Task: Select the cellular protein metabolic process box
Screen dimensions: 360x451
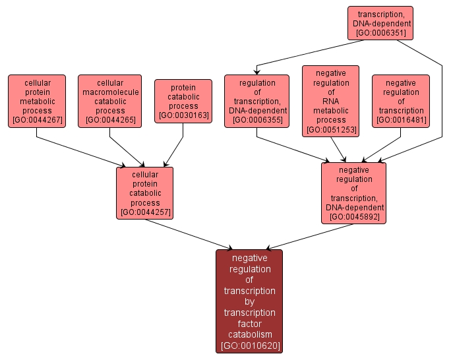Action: tap(37, 100)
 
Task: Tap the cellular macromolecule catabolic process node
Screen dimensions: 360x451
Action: tap(109, 100)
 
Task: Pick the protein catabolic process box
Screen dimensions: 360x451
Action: tap(183, 101)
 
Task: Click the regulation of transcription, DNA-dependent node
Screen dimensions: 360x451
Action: tap(256, 100)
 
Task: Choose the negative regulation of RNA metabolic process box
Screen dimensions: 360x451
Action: tap(331, 100)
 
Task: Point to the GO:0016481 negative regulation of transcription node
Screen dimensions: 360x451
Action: tap(400, 100)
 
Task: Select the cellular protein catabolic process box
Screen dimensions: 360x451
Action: tap(145, 192)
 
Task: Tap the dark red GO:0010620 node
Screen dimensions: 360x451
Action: tap(249, 301)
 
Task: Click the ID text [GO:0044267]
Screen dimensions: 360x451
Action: tap(37, 121)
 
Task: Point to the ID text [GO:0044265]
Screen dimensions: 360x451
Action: tap(109, 121)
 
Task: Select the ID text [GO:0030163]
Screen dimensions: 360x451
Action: tap(183, 116)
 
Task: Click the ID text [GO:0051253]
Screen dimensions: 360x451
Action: tap(331, 130)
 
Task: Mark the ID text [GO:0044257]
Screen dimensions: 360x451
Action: tap(145, 212)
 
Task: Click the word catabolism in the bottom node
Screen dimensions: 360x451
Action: tap(249, 334)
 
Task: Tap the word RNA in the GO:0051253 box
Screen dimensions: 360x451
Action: tap(331, 102)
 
